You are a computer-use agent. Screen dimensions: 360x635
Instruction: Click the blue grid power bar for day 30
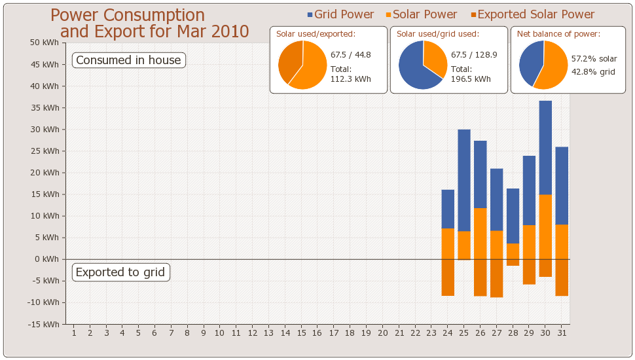coord(545,147)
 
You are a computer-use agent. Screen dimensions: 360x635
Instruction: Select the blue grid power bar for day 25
coord(464,180)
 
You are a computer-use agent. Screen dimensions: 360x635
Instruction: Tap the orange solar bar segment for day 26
coord(481,233)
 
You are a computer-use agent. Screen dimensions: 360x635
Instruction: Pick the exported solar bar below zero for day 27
coord(497,278)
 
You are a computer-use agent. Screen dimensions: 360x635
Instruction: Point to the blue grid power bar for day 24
coord(448,209)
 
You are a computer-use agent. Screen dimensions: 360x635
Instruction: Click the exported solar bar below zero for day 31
coord(562,278)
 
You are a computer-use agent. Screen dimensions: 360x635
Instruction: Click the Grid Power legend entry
coord(340,14)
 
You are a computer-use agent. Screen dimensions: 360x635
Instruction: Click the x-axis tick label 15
coord(301,333)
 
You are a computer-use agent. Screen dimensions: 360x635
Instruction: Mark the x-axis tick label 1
coord(74,333)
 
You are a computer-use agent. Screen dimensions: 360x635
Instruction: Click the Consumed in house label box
coord(128,60)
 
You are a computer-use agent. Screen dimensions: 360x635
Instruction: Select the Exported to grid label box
coord(120,272)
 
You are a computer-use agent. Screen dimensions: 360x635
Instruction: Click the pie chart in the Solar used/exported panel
coord(302,64)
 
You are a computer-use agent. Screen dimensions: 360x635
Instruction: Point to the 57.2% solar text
coord(594,59)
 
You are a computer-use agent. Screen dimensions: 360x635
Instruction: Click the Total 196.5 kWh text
coord(471,74)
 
